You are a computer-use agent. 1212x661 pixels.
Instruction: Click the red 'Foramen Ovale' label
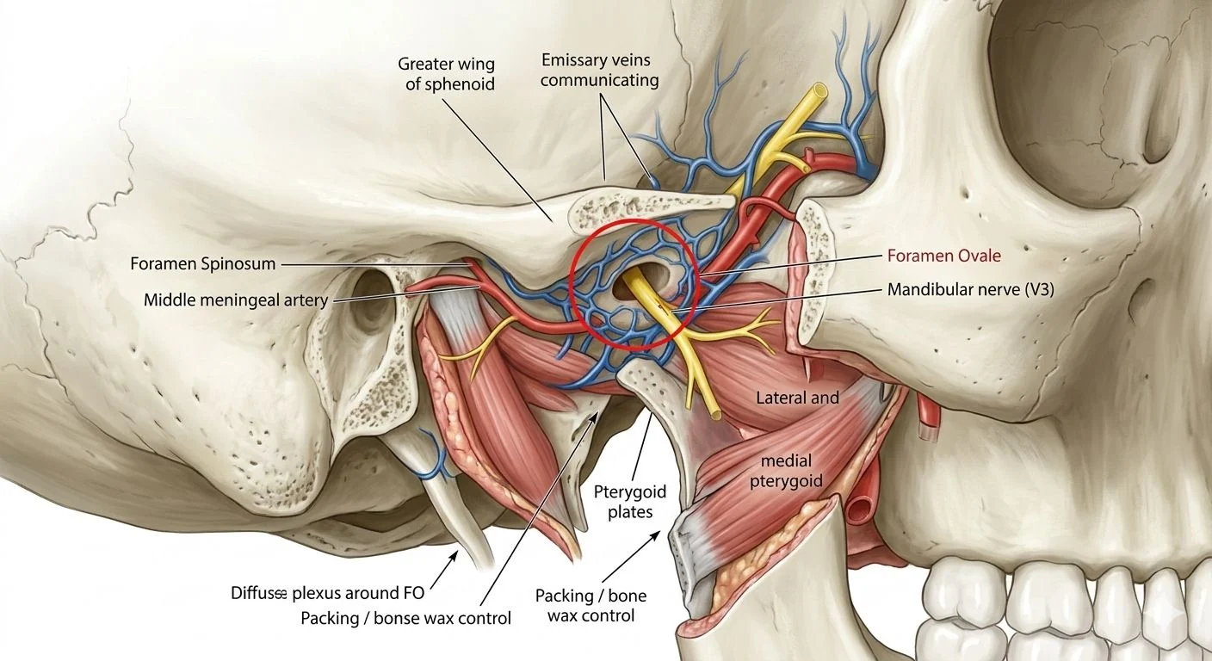point(943,256)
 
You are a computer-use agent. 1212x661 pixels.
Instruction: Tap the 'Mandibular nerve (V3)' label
point(970,291)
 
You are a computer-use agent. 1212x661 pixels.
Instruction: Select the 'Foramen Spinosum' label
point(203,264)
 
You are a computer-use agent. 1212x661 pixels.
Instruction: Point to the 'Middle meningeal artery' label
point(235,300)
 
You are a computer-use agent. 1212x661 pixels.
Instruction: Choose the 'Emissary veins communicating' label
point(600,71)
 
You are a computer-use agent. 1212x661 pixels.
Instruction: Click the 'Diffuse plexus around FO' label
point(328,593)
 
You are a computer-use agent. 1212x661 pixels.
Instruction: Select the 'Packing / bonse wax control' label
point(406,618)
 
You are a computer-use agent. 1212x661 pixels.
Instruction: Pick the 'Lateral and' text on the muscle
point(797,398)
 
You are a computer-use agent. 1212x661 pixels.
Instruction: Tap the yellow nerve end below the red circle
point(714,414)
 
